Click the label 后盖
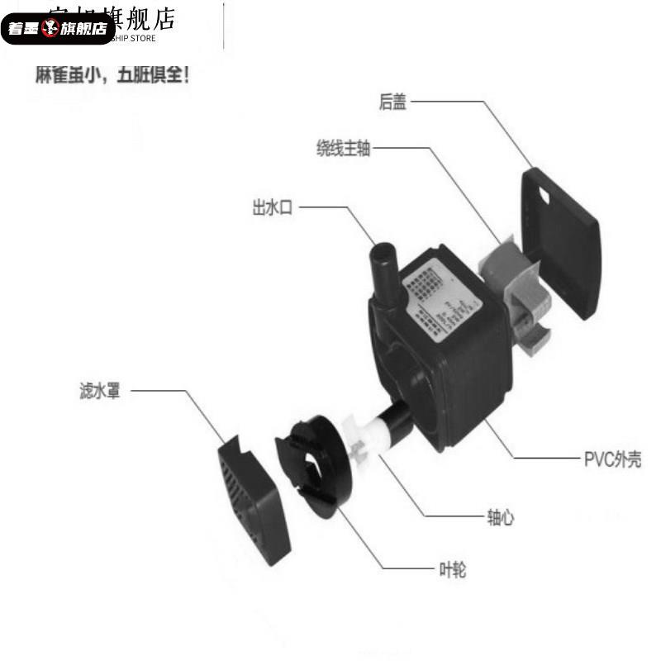392,102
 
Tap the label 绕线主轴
343,149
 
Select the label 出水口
273,207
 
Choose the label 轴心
500,518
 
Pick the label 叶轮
449,570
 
